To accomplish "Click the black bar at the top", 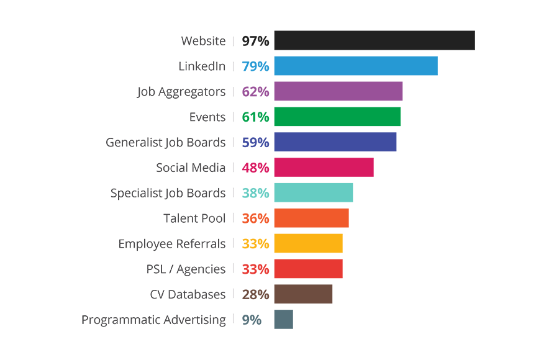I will (x=354, y=41).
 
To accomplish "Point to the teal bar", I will (x=298, y=191).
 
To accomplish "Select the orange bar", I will (x=311, y=218).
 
